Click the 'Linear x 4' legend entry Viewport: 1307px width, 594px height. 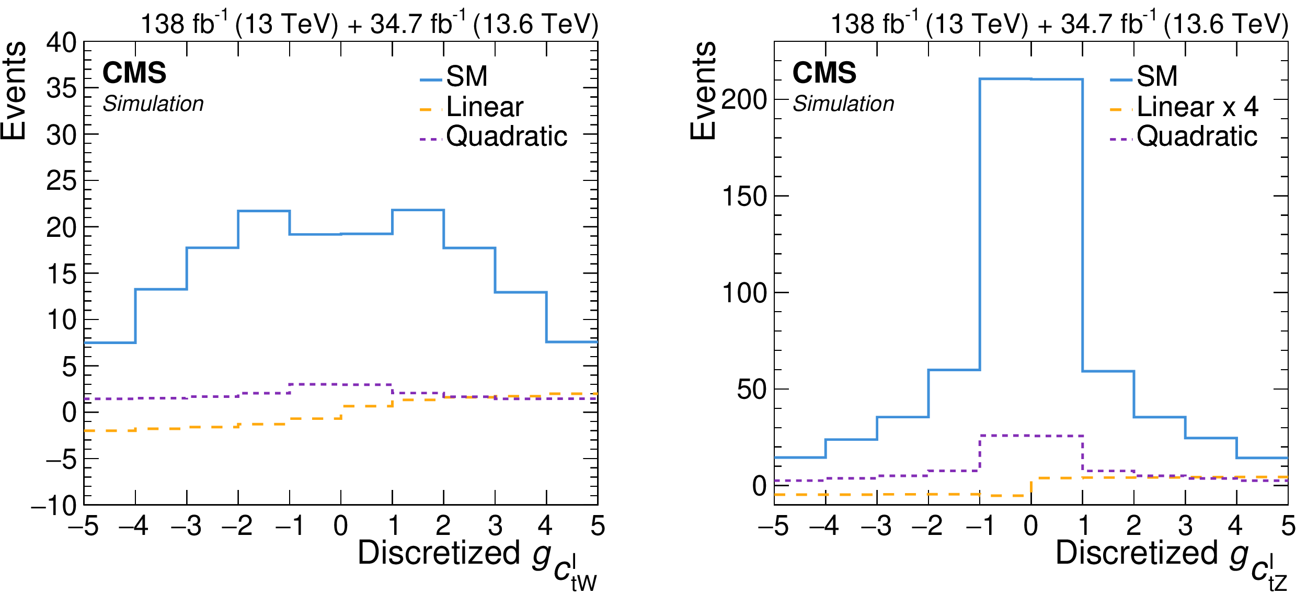point(1197,107)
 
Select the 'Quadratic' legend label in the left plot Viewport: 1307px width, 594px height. point(507,136)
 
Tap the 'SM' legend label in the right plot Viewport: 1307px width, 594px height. point(1157,76)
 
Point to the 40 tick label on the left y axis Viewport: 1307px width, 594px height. point(61,43)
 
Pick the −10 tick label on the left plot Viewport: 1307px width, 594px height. point(54,506)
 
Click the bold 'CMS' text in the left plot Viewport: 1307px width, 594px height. point(134,73)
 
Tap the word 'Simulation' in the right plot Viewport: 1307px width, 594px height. point(843,104)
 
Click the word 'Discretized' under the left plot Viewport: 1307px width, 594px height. point(439,553)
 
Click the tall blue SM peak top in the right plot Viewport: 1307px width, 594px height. point(1031,79)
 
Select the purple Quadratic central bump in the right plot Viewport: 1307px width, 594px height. point(1031,436)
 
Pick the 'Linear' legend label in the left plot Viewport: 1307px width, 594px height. point(485,107)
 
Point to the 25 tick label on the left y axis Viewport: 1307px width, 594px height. point(61,181)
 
